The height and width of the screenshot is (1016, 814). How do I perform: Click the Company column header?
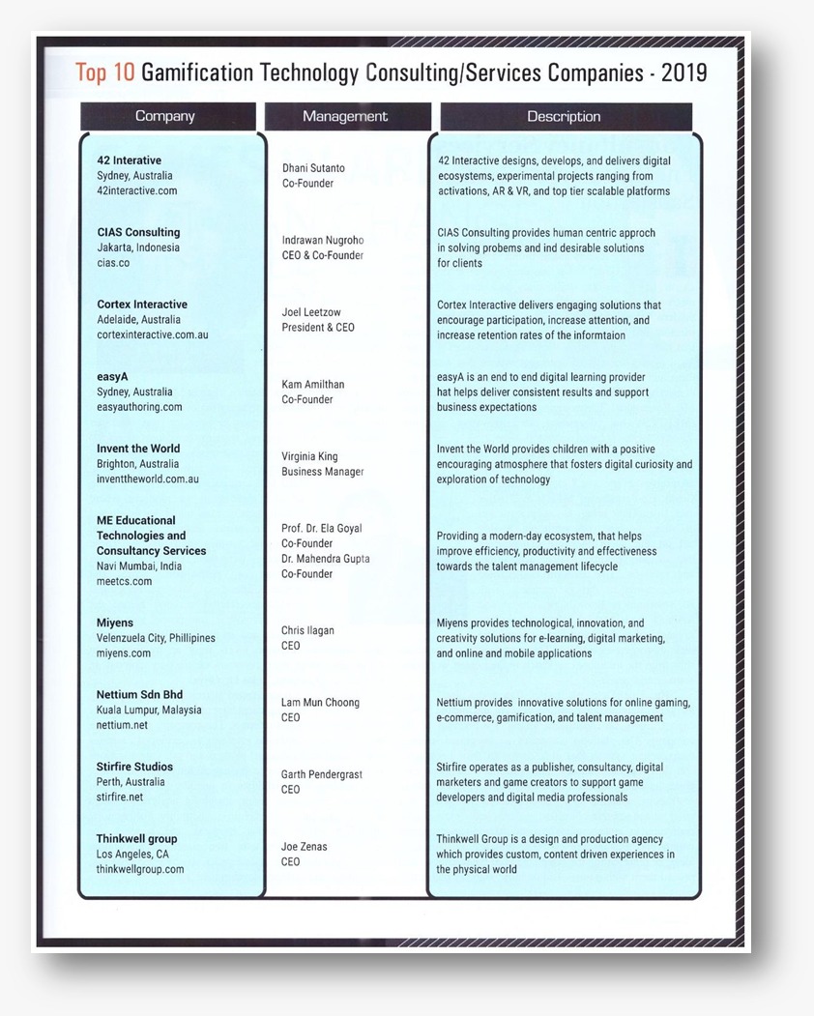[165, 116]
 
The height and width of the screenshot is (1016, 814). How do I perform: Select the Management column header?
[345, 116]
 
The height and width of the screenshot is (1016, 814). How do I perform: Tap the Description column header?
[564, 116]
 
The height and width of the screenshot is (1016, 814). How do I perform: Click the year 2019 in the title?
[683, 73]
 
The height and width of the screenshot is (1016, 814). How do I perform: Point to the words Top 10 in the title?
[105, 73]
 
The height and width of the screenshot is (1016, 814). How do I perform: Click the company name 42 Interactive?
[130, 160]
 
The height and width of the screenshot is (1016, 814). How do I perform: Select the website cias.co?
[113, 263]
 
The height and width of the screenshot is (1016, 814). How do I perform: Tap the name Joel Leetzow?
[311, 312]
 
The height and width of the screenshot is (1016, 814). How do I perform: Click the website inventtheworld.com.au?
[148, 479]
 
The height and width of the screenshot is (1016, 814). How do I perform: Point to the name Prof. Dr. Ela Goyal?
[322, 529]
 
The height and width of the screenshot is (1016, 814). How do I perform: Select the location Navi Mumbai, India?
[138, 566]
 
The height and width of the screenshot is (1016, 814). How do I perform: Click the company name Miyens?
[115, 623]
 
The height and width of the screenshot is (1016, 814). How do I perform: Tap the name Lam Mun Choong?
[320, 702]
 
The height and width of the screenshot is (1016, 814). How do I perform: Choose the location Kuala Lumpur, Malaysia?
[149, 710]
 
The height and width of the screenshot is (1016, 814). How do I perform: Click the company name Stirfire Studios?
[134, 767]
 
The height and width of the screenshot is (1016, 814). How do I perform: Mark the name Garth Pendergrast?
[322, 774]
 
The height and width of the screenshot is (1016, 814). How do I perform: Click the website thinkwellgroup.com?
[140, 869]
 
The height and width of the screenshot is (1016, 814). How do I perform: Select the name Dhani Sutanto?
[313, 168]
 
